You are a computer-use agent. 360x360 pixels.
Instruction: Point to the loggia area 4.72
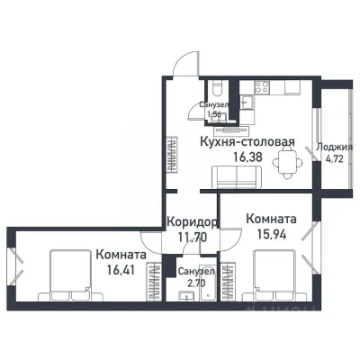click(x=336, y=163)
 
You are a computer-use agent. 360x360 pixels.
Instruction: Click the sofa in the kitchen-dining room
click(x=236, y=181)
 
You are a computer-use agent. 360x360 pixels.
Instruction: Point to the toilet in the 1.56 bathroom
click(x=218, y=90)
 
